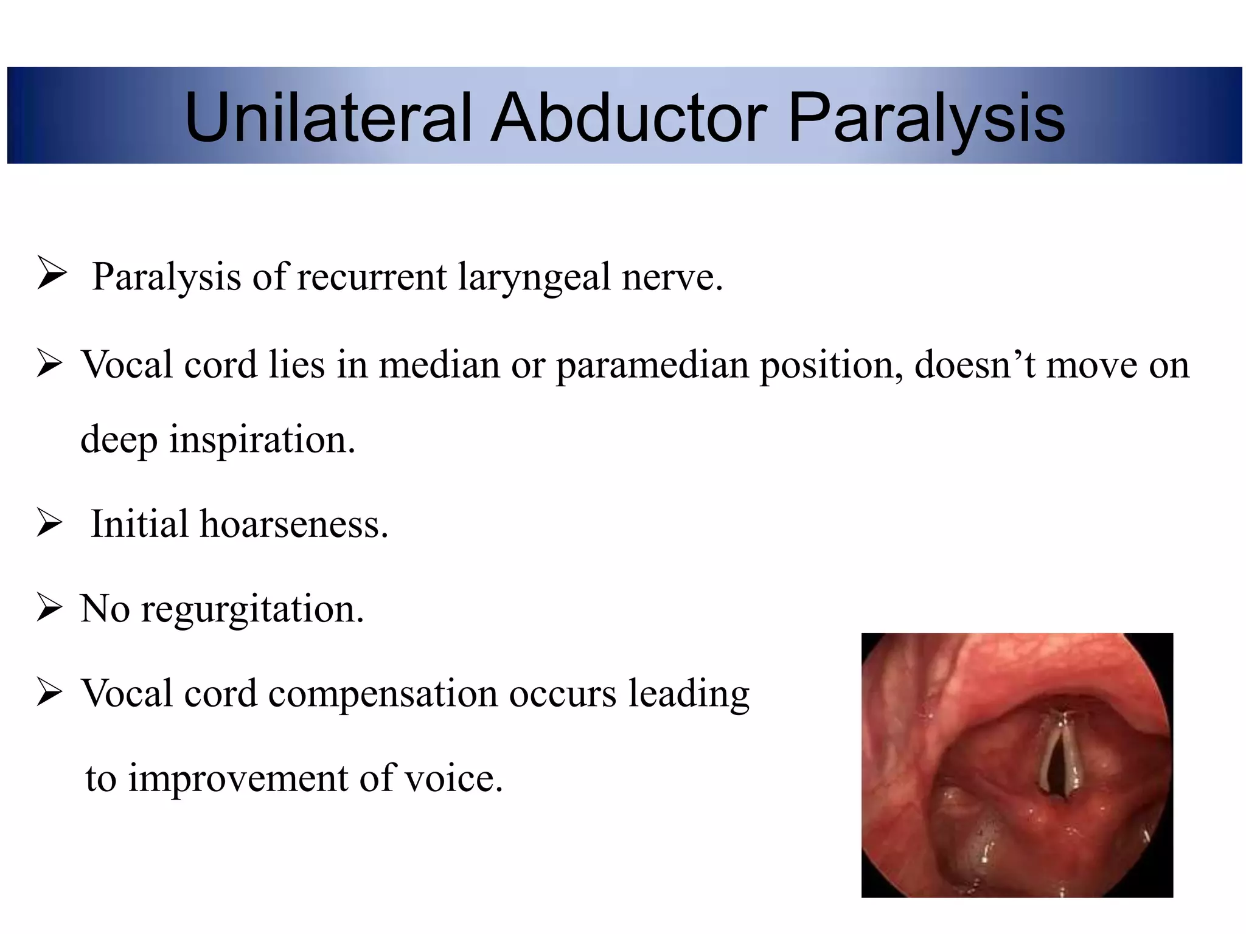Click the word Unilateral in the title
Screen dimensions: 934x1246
[x=329, y=117]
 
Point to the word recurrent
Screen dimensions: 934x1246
[x=372, y=277]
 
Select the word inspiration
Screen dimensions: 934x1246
[x=262, y=440]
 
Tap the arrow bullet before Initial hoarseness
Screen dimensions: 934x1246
[x=49, y=523]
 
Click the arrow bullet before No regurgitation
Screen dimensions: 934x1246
[x=49, y=607]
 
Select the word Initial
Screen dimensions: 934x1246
[x=139, y=524]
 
